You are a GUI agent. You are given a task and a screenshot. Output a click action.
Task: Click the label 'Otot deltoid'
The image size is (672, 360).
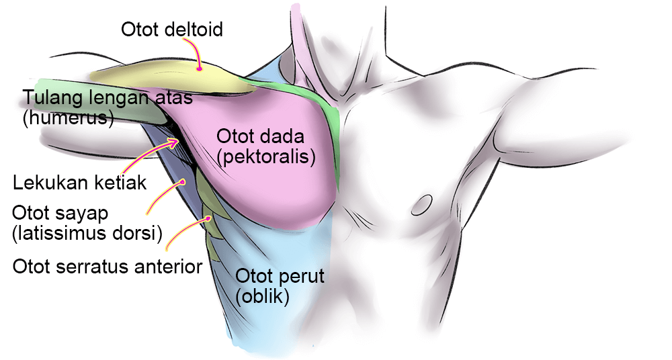tap(171, 30)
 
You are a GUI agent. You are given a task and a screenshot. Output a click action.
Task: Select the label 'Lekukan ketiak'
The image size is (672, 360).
tap(79, 183)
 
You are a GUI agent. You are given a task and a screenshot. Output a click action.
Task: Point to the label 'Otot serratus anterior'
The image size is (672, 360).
tap(108, 267)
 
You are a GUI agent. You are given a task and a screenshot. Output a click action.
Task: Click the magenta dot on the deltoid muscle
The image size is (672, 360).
tap(200, 68)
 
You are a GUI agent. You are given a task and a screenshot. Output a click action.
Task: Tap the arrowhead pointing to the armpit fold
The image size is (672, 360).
tap(177, 141)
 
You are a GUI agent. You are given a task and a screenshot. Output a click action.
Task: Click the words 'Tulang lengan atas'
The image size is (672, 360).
tap(108, 98)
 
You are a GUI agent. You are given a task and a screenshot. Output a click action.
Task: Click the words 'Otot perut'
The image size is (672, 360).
tap(280, 276)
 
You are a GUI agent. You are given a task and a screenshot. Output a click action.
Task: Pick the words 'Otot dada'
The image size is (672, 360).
tap(260, 137)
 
